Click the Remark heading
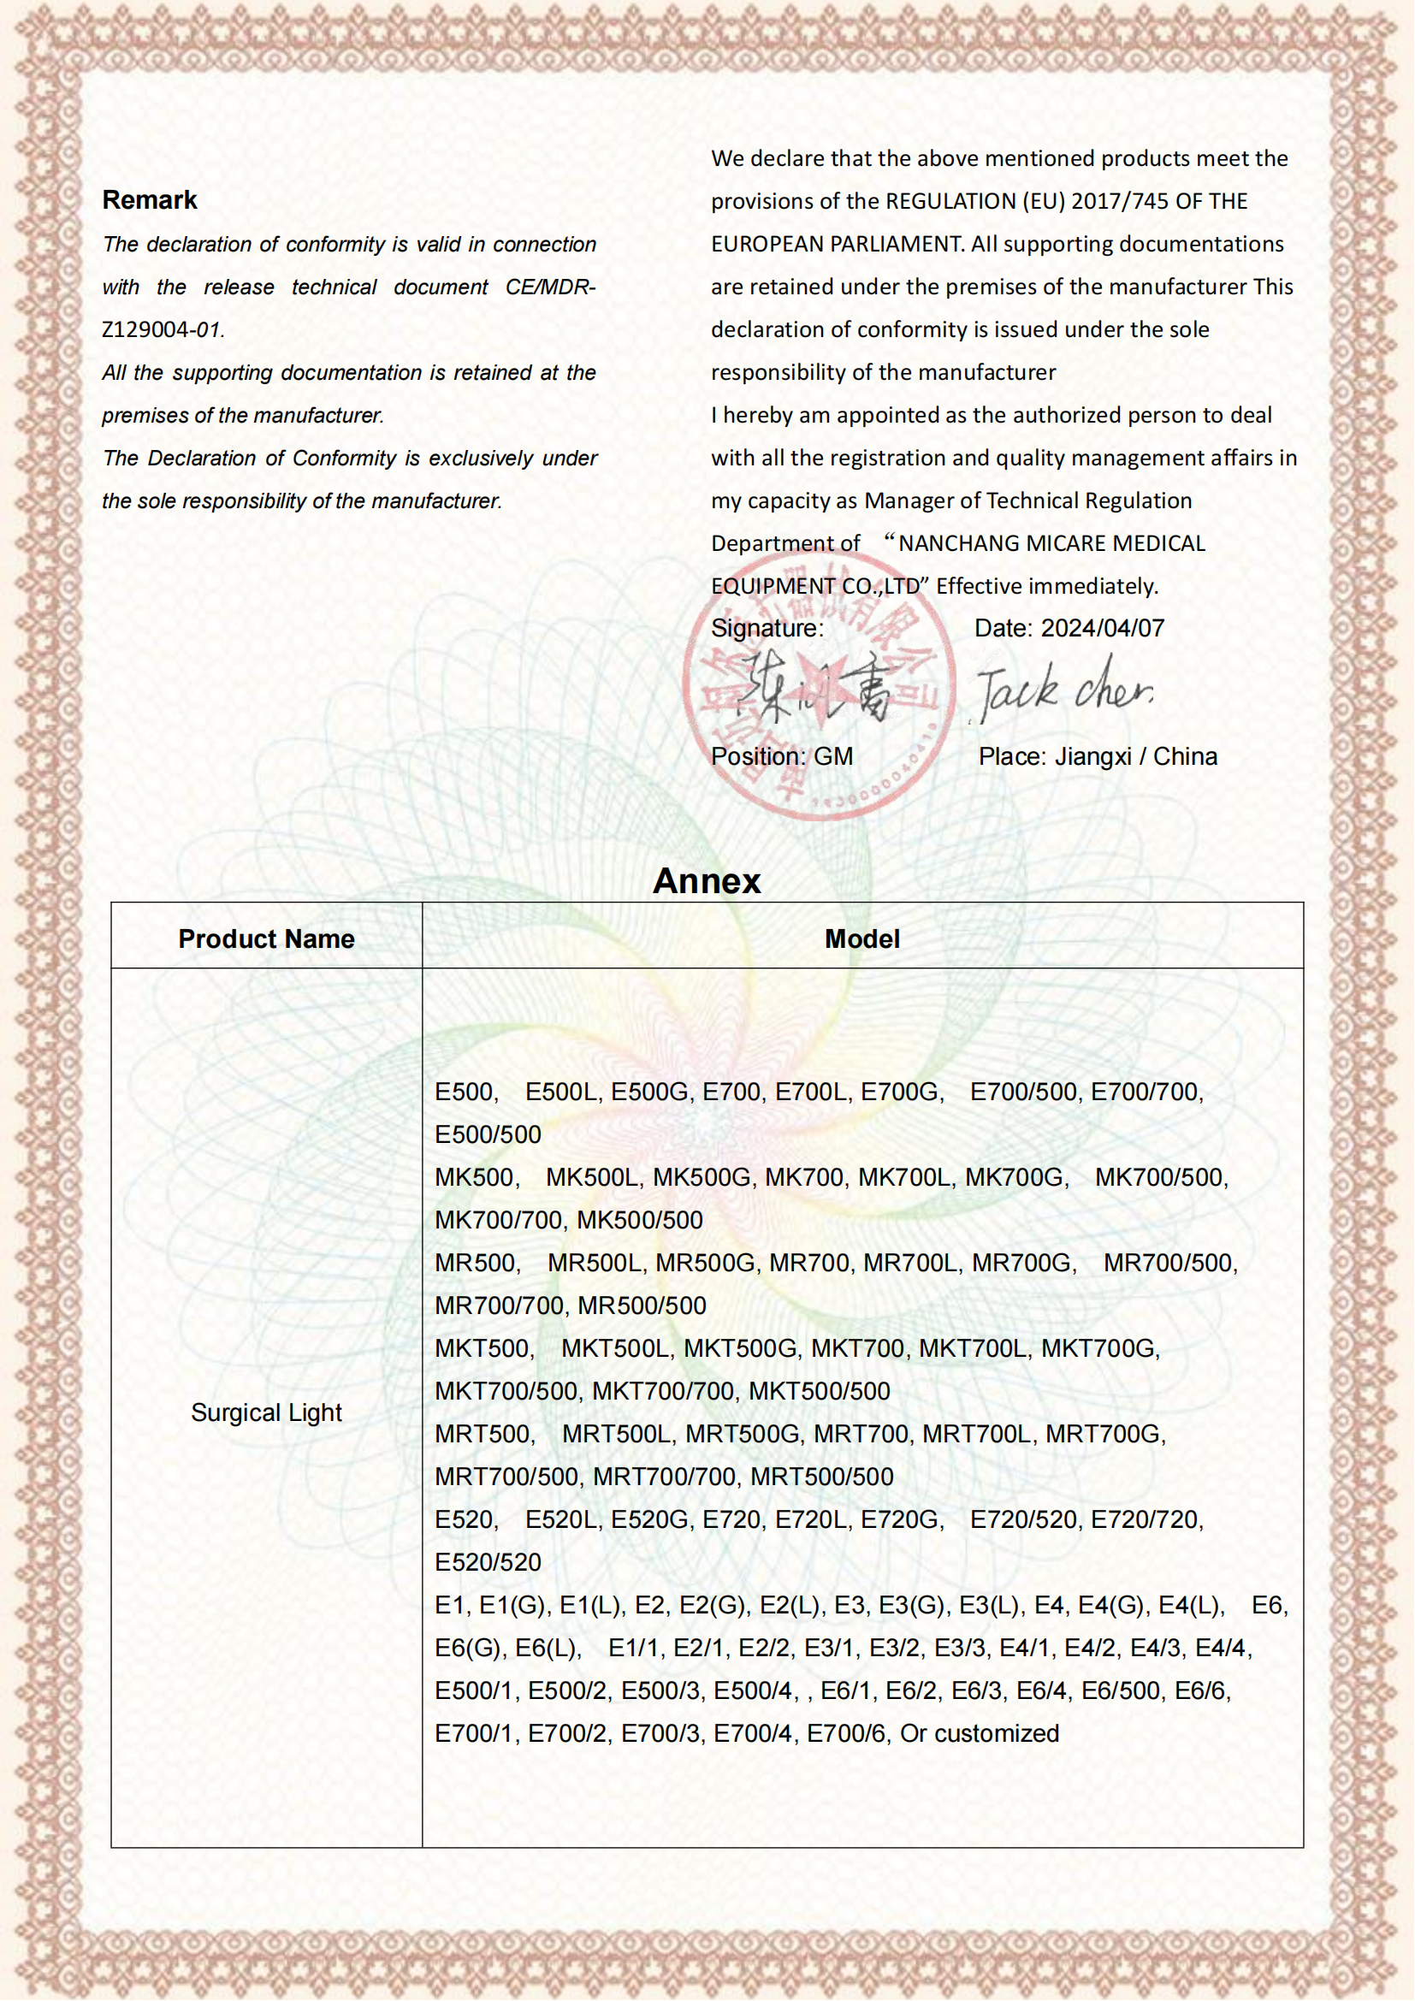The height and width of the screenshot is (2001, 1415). [150, 200]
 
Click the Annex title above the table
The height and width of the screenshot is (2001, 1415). [707, 881]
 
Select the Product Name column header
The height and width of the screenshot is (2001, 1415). [266, 938]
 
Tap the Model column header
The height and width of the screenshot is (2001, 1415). [861, 938]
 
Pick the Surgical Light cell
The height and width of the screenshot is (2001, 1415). [266, 1412]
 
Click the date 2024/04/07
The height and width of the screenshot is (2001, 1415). [1102, 629]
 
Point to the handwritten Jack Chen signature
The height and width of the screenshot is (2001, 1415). [1064, 691]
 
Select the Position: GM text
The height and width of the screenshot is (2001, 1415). [782, 756]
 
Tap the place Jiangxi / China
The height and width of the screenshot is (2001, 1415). [1135, 756]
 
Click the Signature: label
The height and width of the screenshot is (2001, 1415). [767, 629]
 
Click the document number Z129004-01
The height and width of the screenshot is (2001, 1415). [163, 330]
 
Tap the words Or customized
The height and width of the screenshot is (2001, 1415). [980, 1733]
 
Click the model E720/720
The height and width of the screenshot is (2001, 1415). [1146, 1519]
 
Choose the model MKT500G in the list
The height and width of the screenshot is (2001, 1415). [741, 1348]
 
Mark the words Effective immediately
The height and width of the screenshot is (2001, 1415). [1046, 587]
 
